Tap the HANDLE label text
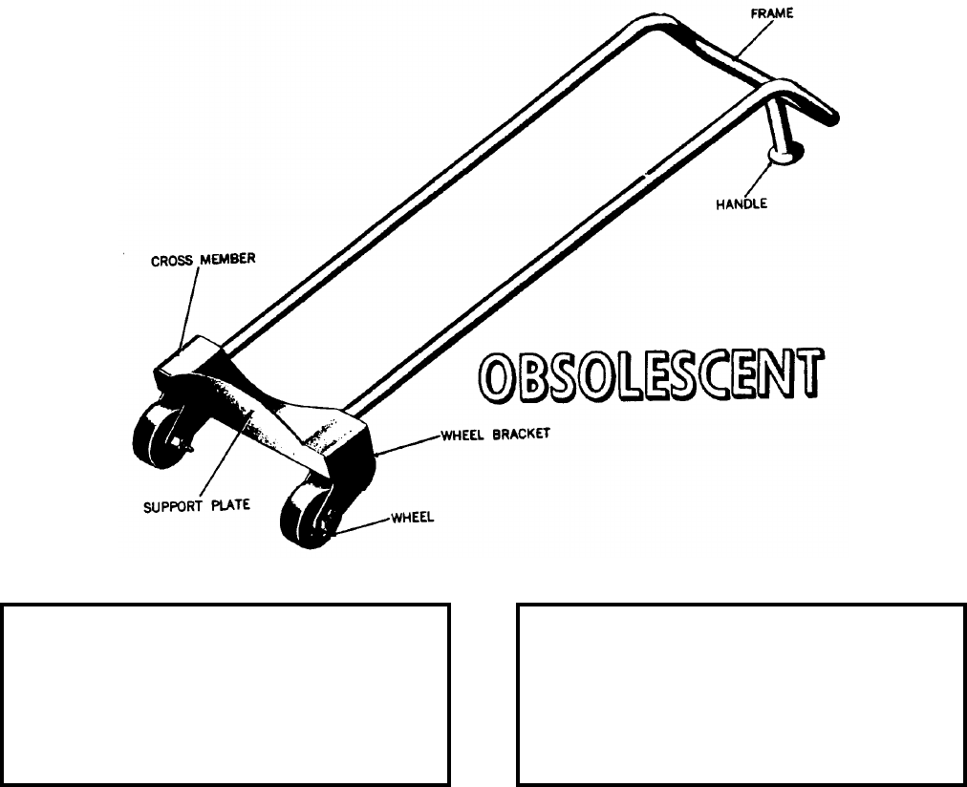741,203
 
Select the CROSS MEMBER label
204,259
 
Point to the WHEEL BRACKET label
495,433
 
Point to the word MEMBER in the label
227,259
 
